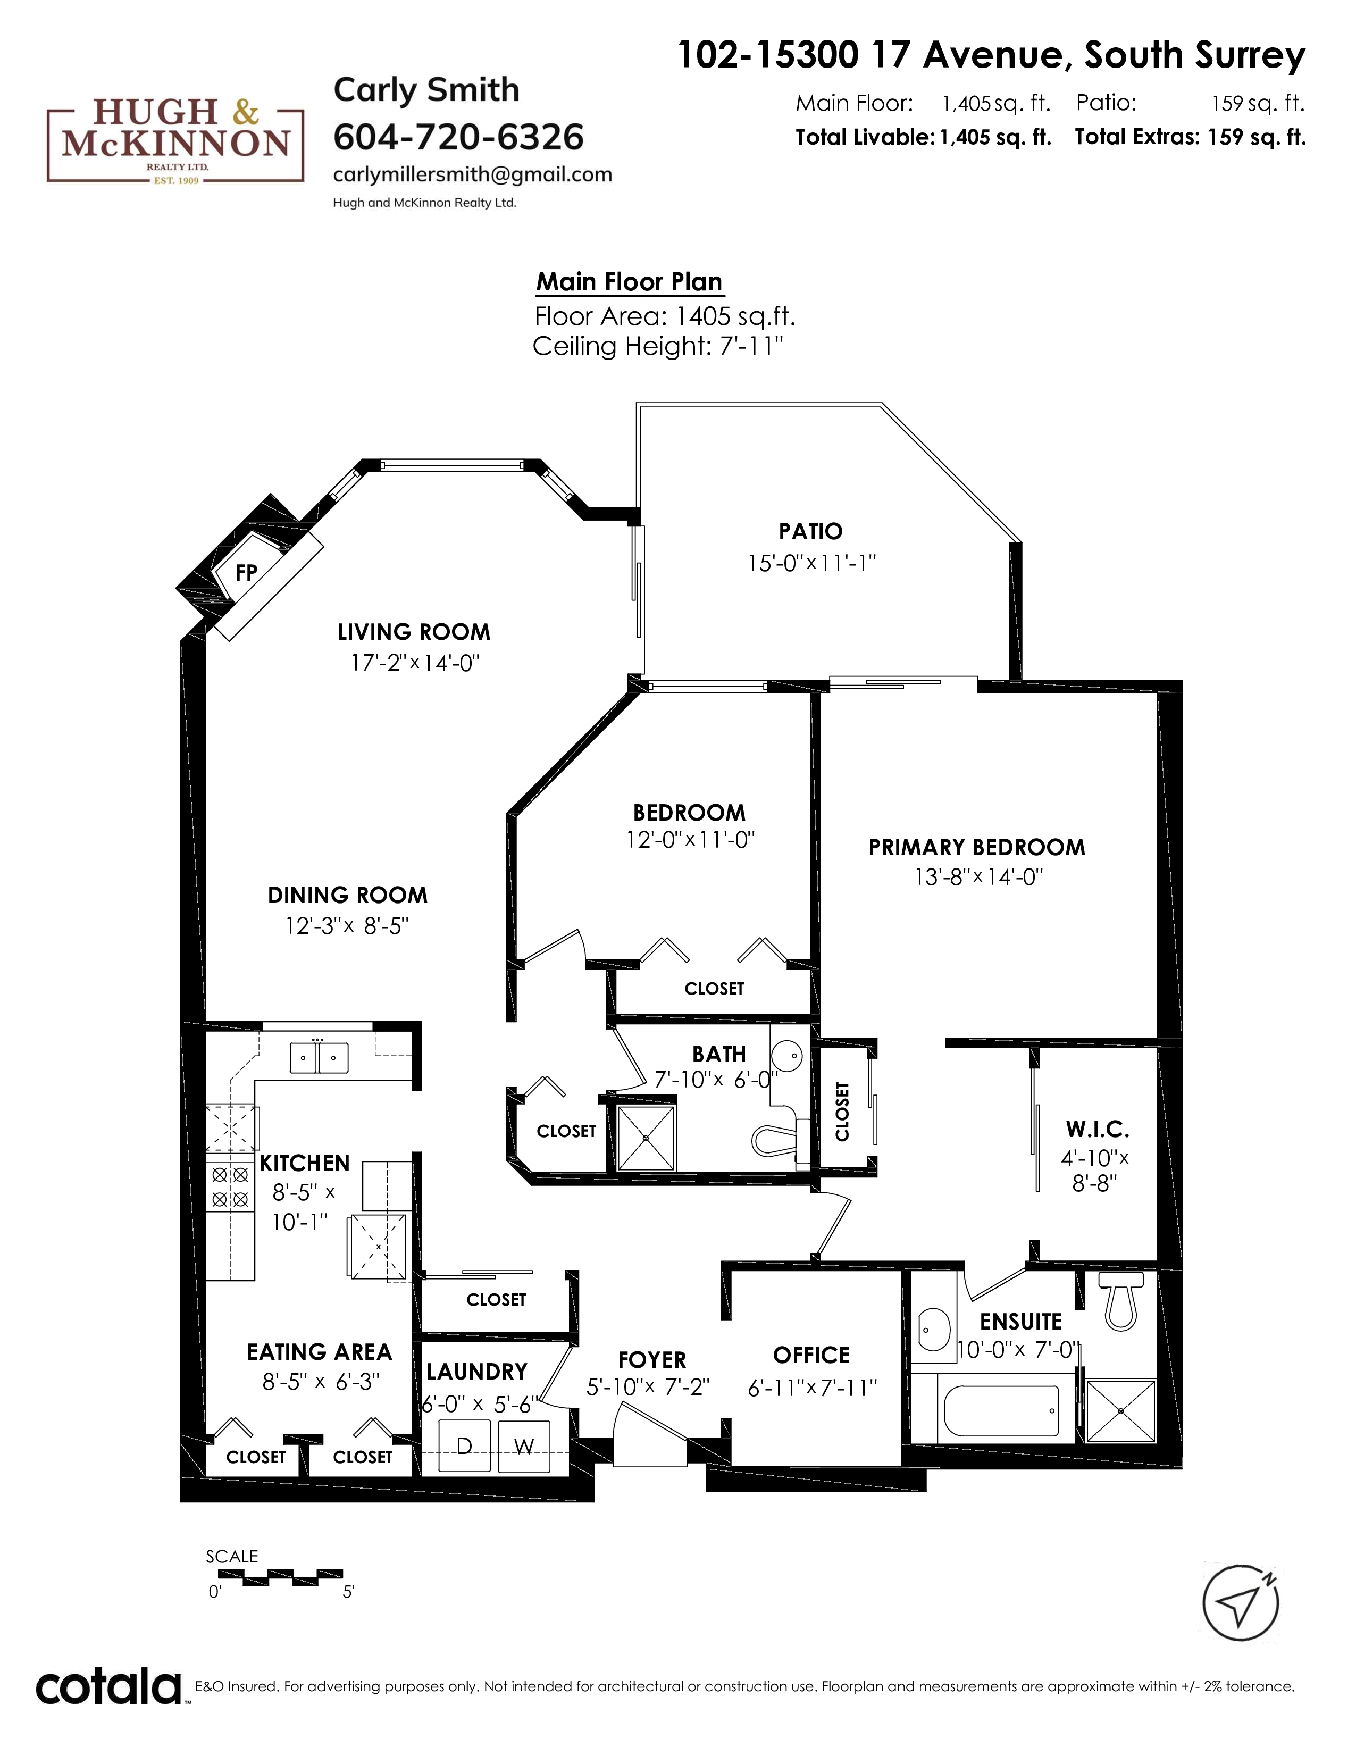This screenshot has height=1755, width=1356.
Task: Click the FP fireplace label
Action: tap(246, 572)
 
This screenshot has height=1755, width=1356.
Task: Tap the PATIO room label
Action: tap(810, 531)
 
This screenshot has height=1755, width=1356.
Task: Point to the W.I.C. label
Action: tap(1098, 1129)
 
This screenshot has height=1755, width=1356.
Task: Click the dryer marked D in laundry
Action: tap(464, 1447)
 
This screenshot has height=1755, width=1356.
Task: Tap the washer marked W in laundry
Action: tap(524, 1447)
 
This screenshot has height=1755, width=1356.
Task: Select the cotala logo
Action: tap(110, 1687)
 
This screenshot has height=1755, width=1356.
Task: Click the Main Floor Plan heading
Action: tap(629, 282)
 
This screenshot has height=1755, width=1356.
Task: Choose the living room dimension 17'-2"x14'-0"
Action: tap(415, 663)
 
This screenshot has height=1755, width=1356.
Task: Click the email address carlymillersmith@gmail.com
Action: tap(472, 174)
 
